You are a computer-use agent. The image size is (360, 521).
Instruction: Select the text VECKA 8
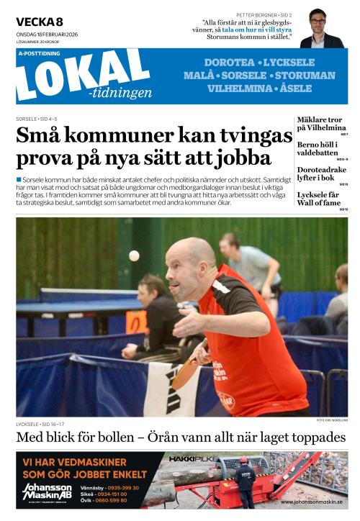pyautogui.click(x=40, y=22)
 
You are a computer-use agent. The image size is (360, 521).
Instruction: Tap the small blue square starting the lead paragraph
pyautogui.click(x=19, y=178)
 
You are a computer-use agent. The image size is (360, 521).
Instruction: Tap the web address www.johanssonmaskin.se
pyautogui.click(x=312, y=502)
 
